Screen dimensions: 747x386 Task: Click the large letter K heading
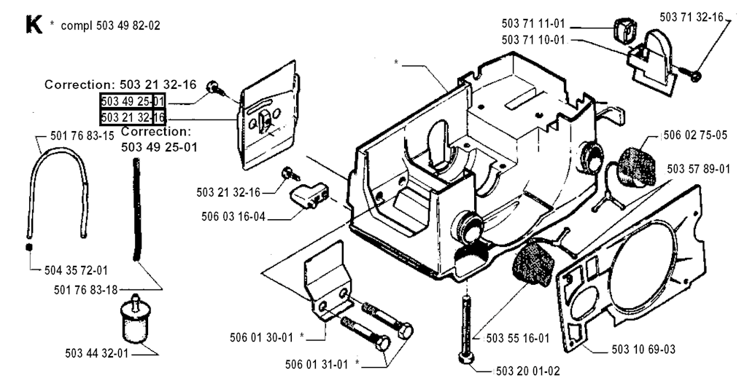point(34,25)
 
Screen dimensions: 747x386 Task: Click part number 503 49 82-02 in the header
point(128,26)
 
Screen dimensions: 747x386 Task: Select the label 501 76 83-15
point(82,136)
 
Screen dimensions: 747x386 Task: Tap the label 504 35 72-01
point(76,270)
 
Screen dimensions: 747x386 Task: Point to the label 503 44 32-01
point(97,354)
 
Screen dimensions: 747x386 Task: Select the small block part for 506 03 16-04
point(309,196)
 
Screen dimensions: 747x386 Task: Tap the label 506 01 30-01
point(261,337)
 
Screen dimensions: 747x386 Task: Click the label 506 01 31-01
point(317,365)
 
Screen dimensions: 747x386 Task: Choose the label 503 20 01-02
point(527,371)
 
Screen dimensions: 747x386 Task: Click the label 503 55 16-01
point(517,339)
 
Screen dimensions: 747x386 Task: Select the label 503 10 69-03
point(643,350)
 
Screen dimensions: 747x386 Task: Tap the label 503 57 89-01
point(698,169)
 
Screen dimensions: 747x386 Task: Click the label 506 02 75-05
point(695,135)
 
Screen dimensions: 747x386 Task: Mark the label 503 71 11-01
point(533,23)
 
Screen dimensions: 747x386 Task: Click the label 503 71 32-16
point(692,17)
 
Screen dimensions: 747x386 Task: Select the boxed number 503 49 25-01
point(133,101)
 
